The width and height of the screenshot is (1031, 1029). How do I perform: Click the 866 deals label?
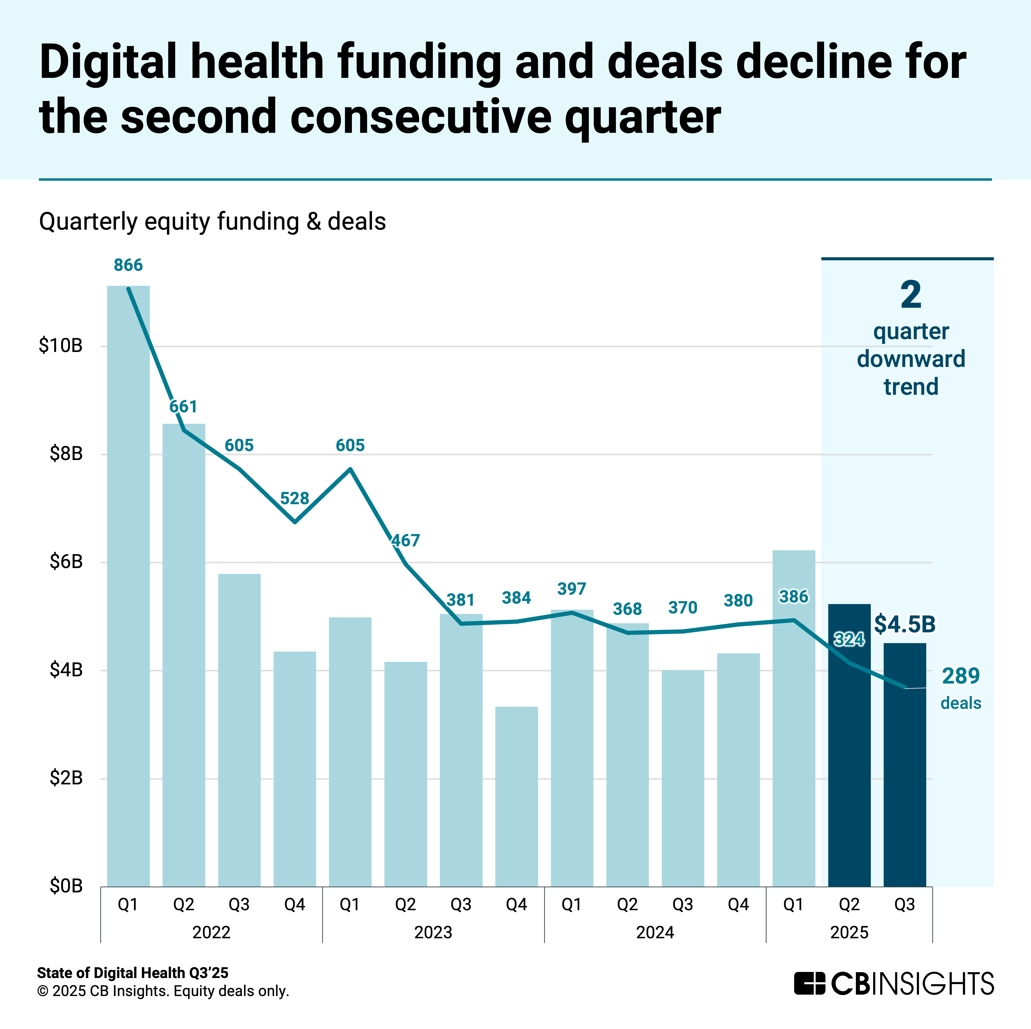128,265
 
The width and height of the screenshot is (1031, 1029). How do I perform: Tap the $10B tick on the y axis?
60,346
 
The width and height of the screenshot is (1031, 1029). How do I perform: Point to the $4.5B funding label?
904,624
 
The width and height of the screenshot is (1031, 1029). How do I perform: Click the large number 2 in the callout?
911,295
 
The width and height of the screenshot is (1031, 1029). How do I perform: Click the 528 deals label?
295,499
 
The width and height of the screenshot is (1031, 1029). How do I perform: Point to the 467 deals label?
405,541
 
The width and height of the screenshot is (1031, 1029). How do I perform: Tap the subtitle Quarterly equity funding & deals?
212,221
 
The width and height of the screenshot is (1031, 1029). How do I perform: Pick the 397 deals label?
572,589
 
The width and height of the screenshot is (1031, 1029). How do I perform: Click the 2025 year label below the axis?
849,932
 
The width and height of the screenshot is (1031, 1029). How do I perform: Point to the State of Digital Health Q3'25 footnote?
132,972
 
